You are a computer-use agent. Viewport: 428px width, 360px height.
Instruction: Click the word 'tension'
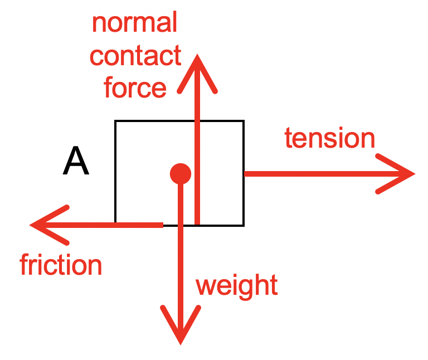click(x=329, y=138)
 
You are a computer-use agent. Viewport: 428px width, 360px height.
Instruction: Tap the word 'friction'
click(x=61, y=265)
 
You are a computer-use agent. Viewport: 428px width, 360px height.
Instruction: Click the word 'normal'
click(x=134, y=23)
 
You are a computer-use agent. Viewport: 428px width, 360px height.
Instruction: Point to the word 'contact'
click(x=135, y=56)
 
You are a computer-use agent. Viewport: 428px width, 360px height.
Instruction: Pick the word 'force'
click(x=135, y=88)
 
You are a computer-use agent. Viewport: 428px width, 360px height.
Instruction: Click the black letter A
click(x=76, y=162)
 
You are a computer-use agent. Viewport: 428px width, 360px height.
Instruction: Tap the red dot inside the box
click(x=180, y=173)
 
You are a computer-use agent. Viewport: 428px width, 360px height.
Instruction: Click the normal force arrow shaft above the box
click(x=197, y=100)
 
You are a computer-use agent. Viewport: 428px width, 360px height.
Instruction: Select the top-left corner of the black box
click(x=115, y=121)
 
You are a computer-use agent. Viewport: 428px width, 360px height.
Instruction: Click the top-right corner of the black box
click(x=244, y=121)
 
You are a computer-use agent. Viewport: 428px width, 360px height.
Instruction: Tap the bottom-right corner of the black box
click(x=244, y=225)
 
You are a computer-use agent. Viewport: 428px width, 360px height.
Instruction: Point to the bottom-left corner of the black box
click(x=115, y=225)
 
